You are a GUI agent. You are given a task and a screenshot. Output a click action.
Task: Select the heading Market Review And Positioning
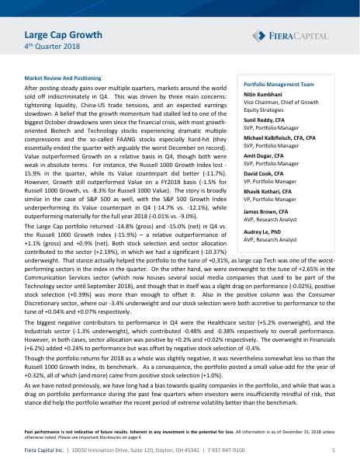[x=67, y=79]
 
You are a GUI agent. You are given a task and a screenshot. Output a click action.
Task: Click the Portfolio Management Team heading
[x=279, y=83]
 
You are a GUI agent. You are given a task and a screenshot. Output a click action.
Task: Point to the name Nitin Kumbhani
[x=268, y=93]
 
